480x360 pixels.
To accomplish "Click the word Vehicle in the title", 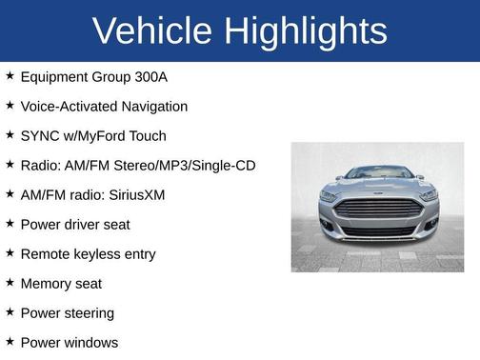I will pos(152,31).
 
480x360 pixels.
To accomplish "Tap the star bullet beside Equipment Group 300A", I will pos(10,76).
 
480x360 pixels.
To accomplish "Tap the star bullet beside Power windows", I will pos(10,342).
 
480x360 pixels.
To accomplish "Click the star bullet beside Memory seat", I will pos(10,283).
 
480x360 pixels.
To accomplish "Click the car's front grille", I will pos(377,210).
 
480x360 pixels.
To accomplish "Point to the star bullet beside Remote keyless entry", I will pos(10,253).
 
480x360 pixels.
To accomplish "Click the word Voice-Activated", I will pos(65,107).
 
